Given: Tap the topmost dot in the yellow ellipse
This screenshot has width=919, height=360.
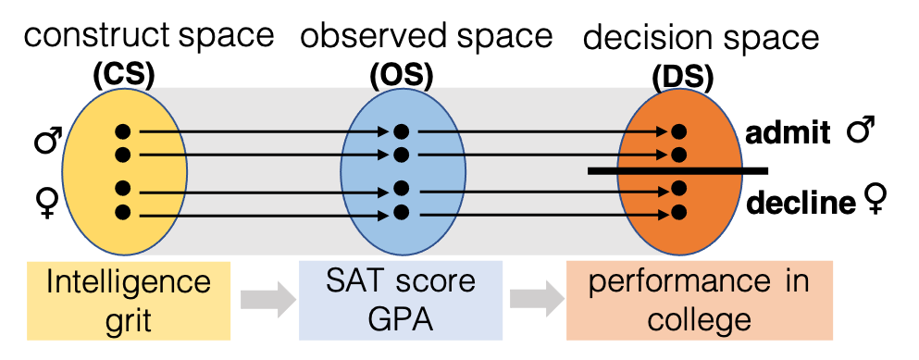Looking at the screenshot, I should [x=123, y=131].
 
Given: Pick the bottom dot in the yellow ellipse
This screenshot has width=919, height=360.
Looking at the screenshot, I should [x=123, y=212].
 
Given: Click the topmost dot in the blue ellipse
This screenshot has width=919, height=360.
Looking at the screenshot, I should [x=401, y=131].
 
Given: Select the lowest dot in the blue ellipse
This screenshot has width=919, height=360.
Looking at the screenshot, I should [x=401, y=212].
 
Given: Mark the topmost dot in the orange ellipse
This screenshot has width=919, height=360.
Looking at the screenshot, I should [x=678, y=131].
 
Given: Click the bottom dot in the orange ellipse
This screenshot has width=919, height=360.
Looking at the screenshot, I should [x=678, y=212].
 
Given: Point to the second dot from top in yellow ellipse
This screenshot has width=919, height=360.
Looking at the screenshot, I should [x=123, y=154].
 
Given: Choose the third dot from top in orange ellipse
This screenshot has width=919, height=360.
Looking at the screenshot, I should [x=678, y=189].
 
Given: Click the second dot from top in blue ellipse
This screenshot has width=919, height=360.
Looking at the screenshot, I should [x=401, y=154].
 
